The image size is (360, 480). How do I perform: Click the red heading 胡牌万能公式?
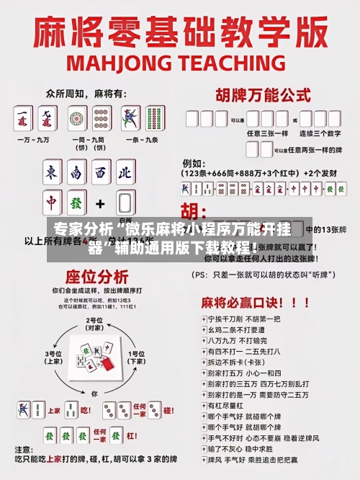tap(257, 94)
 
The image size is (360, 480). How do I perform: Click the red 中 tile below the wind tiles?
tap(53, 203)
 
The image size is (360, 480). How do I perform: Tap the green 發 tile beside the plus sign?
tap(76, 203)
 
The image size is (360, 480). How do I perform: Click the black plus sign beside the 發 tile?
tap(100, 203)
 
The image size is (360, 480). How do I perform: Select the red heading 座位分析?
tap(97, 276)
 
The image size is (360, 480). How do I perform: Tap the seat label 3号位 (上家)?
tap(54, 357)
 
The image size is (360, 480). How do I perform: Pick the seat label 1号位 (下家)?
tap(136, 357)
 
